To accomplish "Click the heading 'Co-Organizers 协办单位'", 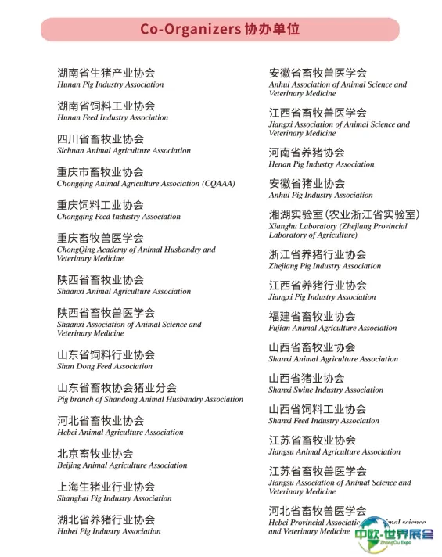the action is coord(220,29).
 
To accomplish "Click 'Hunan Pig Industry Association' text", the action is coord(110,84).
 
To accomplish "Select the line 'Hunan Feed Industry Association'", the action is coord(113,117).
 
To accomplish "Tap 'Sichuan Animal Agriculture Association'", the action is coord(124,150).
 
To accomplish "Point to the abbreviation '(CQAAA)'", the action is coord(218,184).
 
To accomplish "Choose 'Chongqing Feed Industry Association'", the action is coord(119,217).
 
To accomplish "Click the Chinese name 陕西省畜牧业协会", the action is coord(100,279).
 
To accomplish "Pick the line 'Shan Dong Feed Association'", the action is coord(105,366).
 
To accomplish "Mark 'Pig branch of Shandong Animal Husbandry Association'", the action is coord(150,399).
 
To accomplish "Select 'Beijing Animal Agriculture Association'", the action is coord(122,465).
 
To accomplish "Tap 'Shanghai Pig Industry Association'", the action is coord(114,498).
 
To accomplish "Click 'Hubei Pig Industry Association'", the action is coord(109,531).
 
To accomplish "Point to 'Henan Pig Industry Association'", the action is coord(322,164).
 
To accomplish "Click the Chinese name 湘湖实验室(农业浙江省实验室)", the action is coord(344,214).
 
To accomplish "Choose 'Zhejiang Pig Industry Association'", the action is coord(325,266).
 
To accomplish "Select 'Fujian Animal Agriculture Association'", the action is coord(332,329).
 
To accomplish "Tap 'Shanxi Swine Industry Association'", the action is coord(326,390).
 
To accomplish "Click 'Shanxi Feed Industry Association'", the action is coord(324,421).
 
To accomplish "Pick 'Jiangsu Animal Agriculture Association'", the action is coord(335,451).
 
